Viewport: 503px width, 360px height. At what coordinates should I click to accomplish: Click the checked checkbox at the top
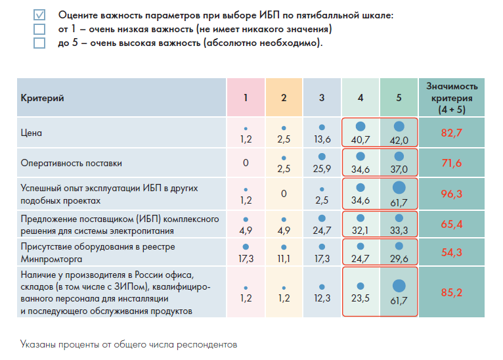pyautogui.click(x=39, y=14)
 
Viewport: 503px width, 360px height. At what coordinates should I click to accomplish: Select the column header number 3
pyautogui.click(x=322, y=98)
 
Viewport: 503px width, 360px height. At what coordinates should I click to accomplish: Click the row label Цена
pyautogui.click(x=31, y=133)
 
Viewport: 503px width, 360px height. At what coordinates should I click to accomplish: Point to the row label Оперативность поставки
pyautogui.click(x=72, y=162)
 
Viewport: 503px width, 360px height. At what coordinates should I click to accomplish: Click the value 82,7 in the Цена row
pyautogui.click(x=452, y=133)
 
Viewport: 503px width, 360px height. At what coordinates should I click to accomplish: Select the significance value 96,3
pyautogui.click(x=452, y=194)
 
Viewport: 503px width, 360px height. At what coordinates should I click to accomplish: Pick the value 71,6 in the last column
pyautogui.click(x=452, y=163)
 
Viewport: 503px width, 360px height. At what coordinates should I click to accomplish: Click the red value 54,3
pyautogui.click(x=452, y=253)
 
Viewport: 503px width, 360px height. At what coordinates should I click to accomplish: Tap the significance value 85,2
pyautogui.click(x=452, y=293)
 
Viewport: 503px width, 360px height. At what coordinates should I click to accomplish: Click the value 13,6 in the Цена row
pyautogui.click(x=322, y=140)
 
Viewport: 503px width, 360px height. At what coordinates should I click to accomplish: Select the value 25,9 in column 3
pyautogui.click(x=322, y=169)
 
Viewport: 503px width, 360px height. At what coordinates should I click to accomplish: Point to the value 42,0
pyautogui.click(x=399, y=140)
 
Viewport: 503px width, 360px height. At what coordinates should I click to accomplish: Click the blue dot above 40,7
pyautogui.click(x=361, y=127)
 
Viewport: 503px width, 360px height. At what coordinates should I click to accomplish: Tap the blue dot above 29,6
pyautogui.click(x=399, y=247)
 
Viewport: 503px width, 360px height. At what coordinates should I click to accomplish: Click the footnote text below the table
pyautogui.click(x=128, y=344)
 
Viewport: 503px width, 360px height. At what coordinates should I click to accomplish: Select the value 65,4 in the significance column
pyautogui.click(x=452, y=224)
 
